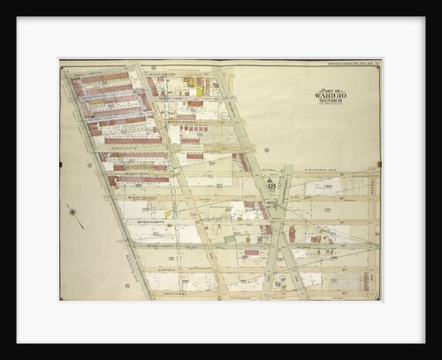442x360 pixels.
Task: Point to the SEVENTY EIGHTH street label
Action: coord(133,219)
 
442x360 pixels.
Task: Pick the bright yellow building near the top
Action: coord(200,89)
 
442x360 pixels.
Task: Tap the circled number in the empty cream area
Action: coord(265,150)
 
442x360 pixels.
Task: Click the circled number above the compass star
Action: coord(89,165)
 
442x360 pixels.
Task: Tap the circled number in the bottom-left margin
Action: coord(126,286)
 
